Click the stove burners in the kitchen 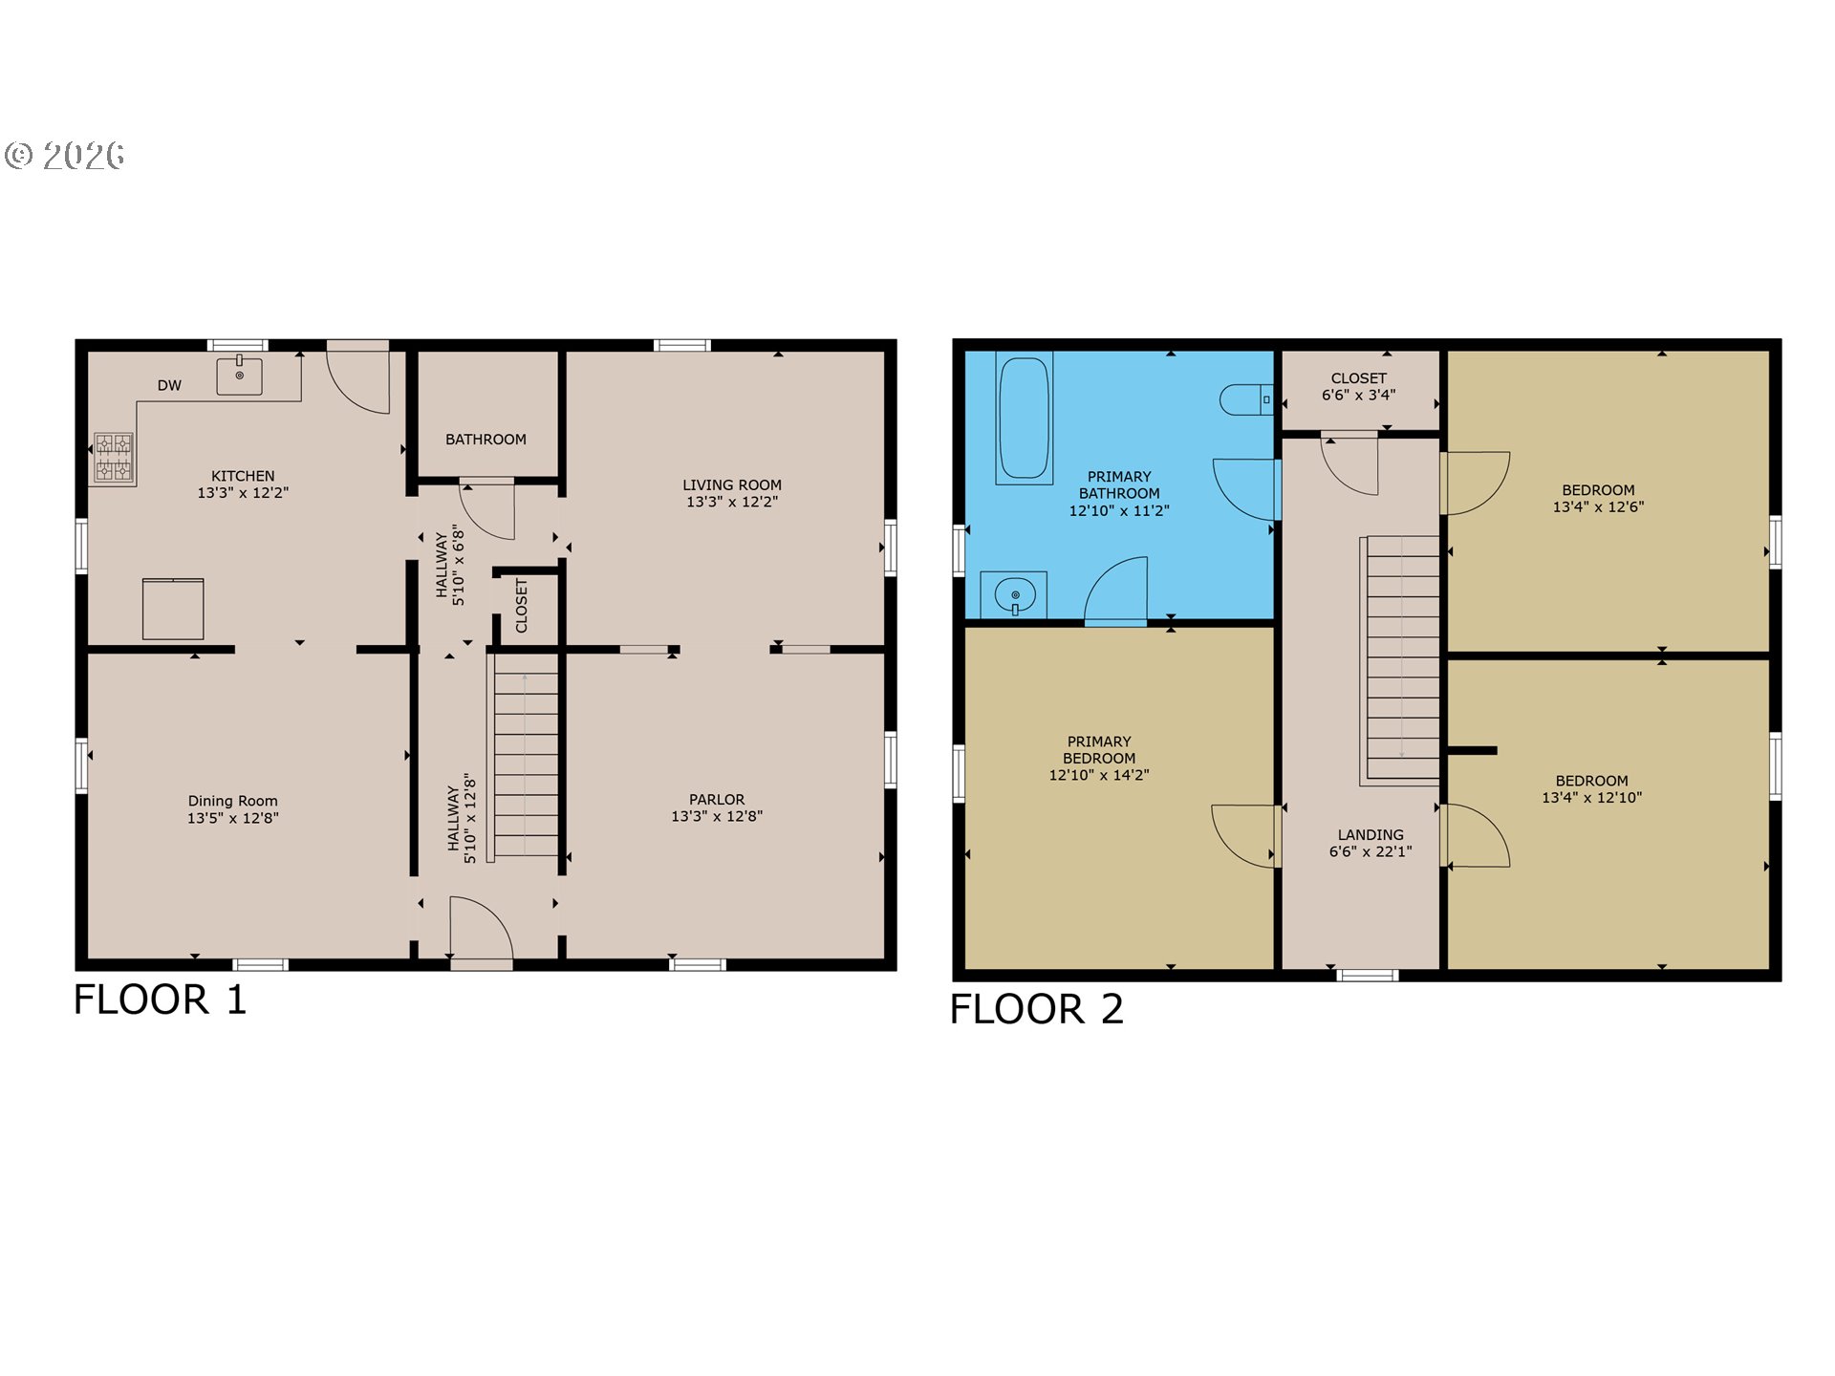point(114,458)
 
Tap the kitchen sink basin point(239,376)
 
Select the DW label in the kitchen point(169,386)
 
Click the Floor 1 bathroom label point(486,440)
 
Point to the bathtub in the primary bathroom point(1024,419)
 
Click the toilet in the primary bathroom point(1246,399)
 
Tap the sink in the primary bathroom point(1014,595)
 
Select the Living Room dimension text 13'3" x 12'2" point(732,502)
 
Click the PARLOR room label point(717,800)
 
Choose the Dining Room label point(233,801)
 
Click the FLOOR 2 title point(1037,1009)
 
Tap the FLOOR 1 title point(161,1000)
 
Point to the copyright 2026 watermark point(65,156)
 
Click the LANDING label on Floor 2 point(1371,835)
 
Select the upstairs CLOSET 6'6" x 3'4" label point(1359,386)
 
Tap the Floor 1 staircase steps point(526,764)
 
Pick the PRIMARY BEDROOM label point(1099,750)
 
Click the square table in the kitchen point(173,609)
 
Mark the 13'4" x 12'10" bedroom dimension point(1592,798)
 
